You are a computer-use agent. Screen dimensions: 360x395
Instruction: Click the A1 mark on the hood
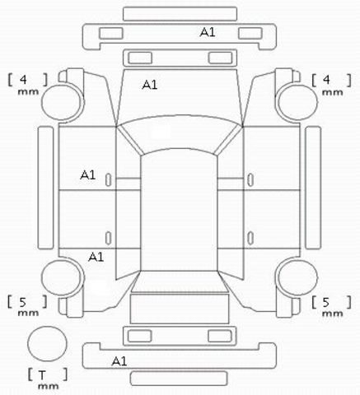pos(150,85)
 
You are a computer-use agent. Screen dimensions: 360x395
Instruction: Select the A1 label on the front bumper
pos(208,32)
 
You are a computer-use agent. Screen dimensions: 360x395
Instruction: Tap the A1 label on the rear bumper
pos(119,361)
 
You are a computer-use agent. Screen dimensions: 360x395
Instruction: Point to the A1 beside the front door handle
pos(88,174)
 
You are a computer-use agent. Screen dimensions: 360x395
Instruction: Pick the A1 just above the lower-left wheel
pos(96,257)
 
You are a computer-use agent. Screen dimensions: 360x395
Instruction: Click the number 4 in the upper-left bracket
pos(24,80)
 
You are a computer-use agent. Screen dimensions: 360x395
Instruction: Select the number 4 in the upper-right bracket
pos(326,80)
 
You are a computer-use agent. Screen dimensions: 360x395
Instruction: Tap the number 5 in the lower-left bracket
pos(23,302)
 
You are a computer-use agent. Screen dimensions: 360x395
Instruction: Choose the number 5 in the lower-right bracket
pos(326,302)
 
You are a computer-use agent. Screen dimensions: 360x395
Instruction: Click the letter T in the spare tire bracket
pos(42,375)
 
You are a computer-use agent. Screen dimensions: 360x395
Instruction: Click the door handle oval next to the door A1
pos(109,179)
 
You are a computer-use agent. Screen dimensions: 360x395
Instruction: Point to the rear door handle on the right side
pos(250,238)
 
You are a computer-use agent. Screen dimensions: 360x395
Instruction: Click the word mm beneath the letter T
pos(49,387)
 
